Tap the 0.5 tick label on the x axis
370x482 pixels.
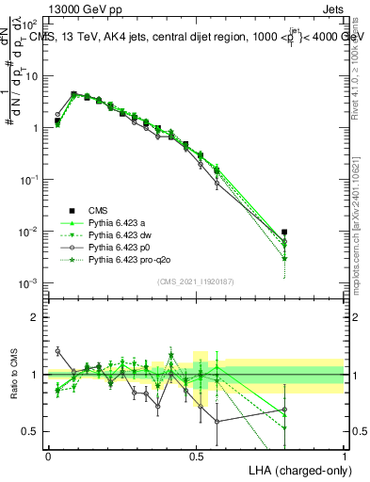196,455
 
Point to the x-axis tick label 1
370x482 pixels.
345,455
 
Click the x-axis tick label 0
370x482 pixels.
48,455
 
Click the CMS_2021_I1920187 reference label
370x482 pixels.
196,281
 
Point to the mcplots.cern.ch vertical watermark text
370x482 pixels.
355,216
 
